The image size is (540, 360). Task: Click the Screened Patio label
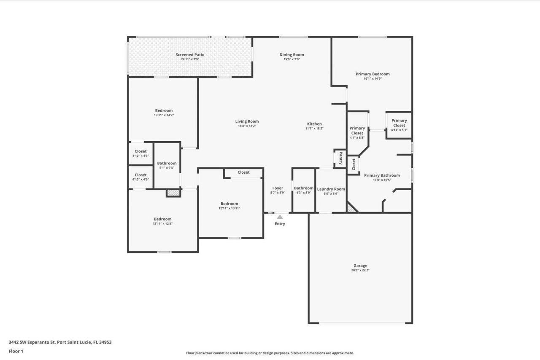[x=190, y=55]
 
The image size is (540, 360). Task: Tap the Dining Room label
[x=292, y=55]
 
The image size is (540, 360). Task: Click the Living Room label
[x=247, y=121]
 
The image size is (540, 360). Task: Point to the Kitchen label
[x=314, y=124]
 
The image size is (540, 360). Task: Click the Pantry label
[x=340, y=159]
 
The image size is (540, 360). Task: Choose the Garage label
[x=360, y=266]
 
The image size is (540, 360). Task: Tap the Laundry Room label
[x=331, y=189]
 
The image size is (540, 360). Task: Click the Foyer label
[x=278, y=188]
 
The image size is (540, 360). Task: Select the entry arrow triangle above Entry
[x=280, y=217]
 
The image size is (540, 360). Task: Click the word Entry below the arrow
[x=280, y=224]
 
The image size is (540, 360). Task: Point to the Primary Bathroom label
[x=382, y=175]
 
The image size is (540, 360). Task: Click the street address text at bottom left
[x=60, y=342]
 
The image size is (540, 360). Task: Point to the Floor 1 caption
[x=16, y=351]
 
